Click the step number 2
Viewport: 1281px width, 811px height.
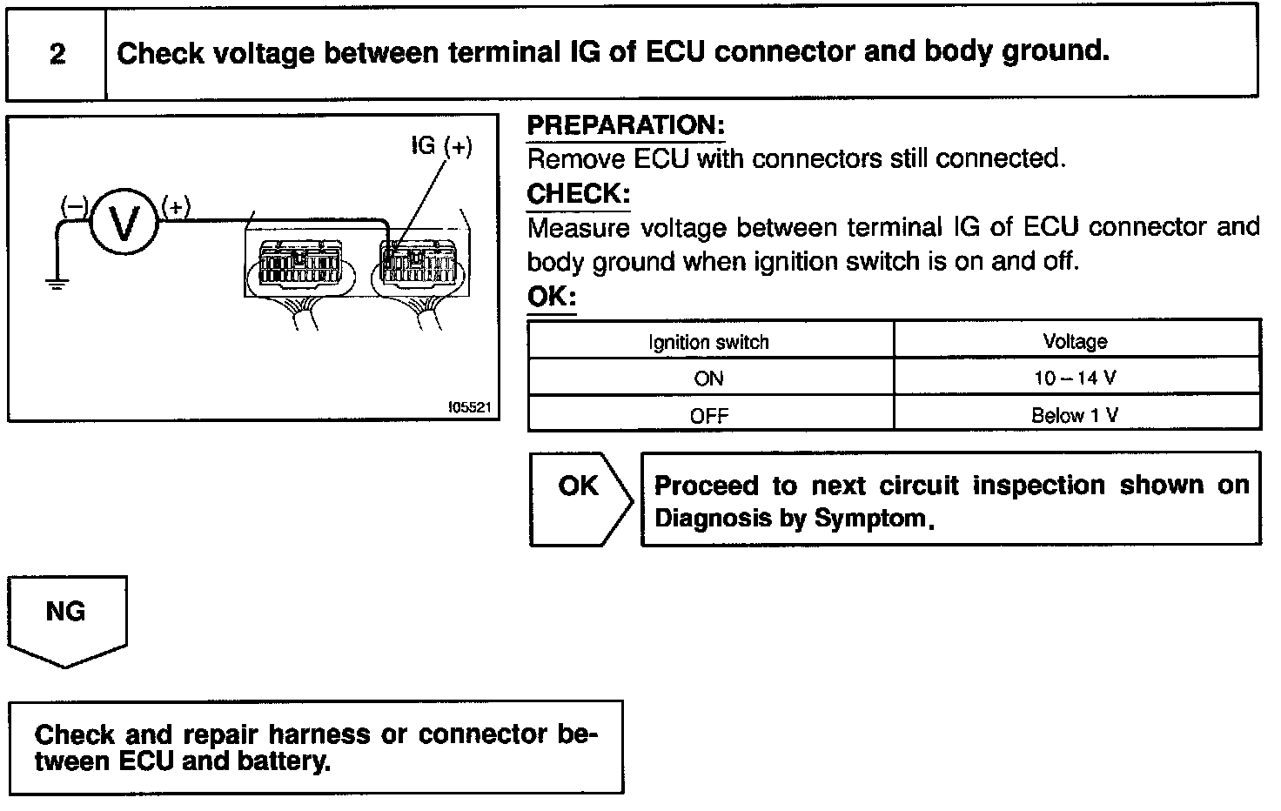pos(57,54)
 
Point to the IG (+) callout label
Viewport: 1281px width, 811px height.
pos(441,146)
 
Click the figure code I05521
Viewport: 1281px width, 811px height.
pos(470,406)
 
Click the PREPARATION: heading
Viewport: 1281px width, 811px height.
pos(626,125)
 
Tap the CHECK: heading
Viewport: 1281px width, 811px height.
pos(578,193)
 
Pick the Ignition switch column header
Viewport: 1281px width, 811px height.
pos(708,342)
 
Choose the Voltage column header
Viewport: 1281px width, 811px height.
pos(1075,341)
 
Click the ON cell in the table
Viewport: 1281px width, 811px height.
pos(708,379)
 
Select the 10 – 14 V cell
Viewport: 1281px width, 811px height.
pos(1075,379)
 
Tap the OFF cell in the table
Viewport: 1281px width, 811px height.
pos(708,416)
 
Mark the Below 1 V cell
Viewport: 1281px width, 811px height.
pos(1075,416)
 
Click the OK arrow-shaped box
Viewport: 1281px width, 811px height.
pos(579,498)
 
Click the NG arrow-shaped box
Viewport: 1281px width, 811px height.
pos(66,618)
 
